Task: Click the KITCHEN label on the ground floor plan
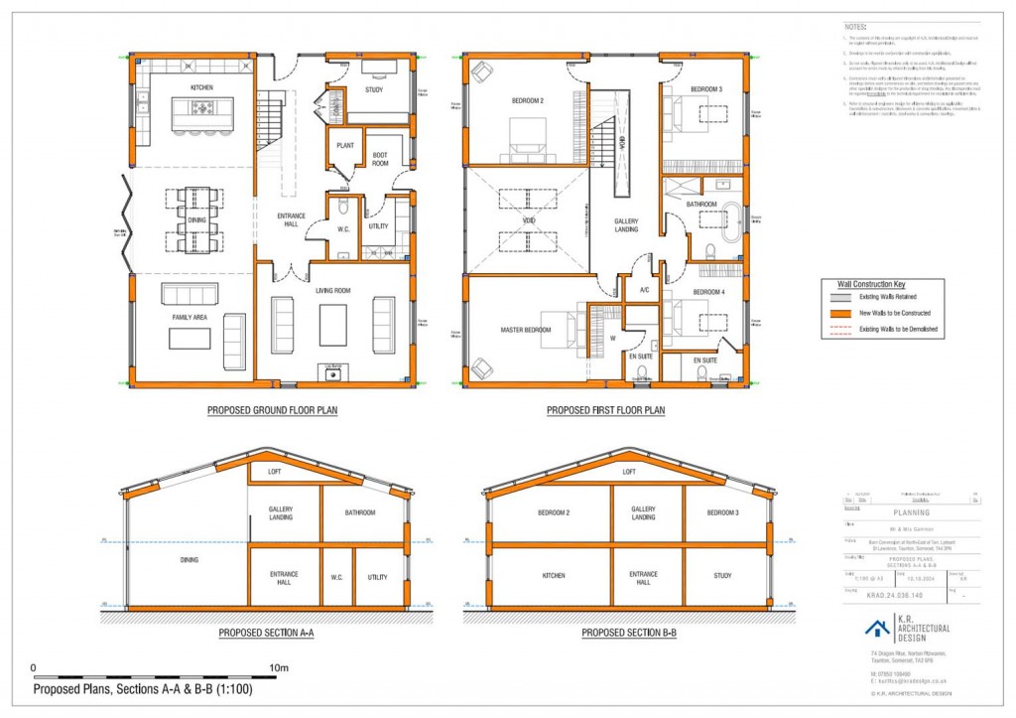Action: point(202,87)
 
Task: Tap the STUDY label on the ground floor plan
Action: point(374,90)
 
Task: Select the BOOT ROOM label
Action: point(380,160)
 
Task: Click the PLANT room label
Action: point(346,145)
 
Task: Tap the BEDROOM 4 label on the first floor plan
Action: point(708,292)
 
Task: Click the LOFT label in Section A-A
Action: point(275,473)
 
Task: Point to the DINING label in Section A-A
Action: point(189,559)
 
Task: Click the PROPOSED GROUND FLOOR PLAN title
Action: point(272,409)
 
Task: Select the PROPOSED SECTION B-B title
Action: point(629,632)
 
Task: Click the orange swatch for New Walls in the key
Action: point(843,312)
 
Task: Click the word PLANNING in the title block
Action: point(912,513)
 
